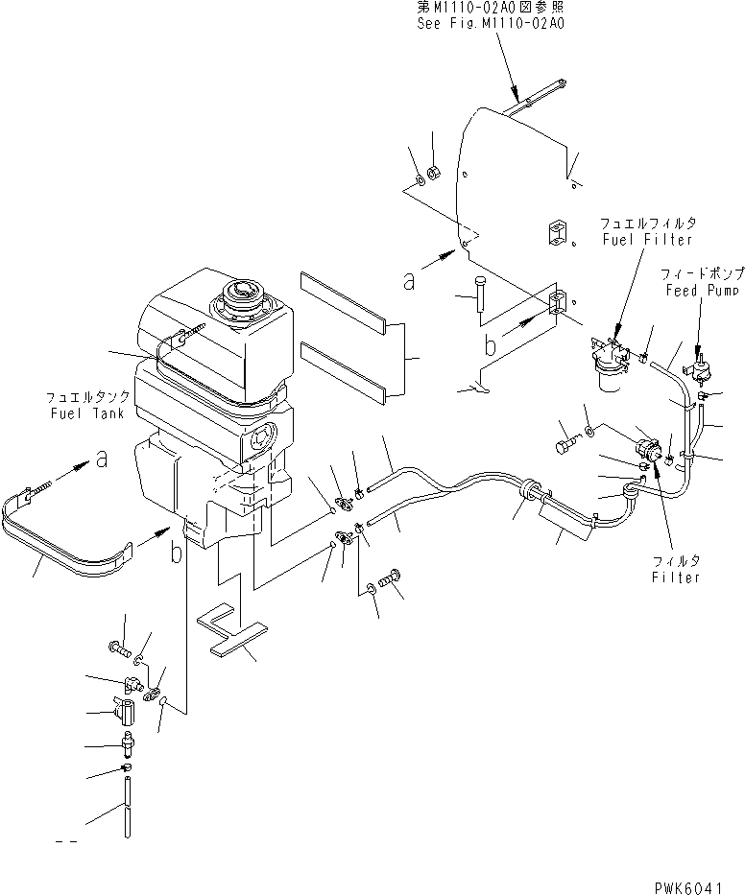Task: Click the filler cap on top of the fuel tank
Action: (240, 295)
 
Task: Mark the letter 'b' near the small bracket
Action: (490, 345)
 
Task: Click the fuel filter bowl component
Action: (609, 372)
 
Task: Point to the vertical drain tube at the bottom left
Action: (127, 812)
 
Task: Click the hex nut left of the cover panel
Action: (432, 173)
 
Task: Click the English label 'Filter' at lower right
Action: (676, 577)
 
